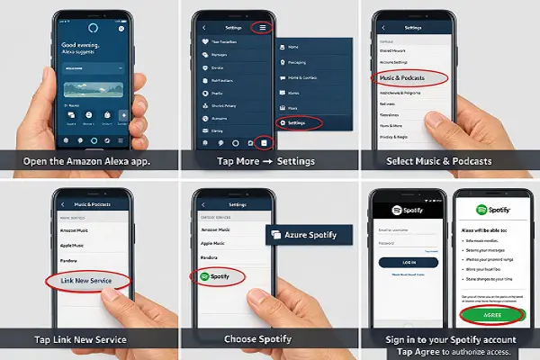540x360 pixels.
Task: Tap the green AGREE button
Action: coord(493,314)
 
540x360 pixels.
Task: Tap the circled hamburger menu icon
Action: coord(262,27)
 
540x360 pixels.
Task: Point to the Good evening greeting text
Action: coord(58,45)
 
